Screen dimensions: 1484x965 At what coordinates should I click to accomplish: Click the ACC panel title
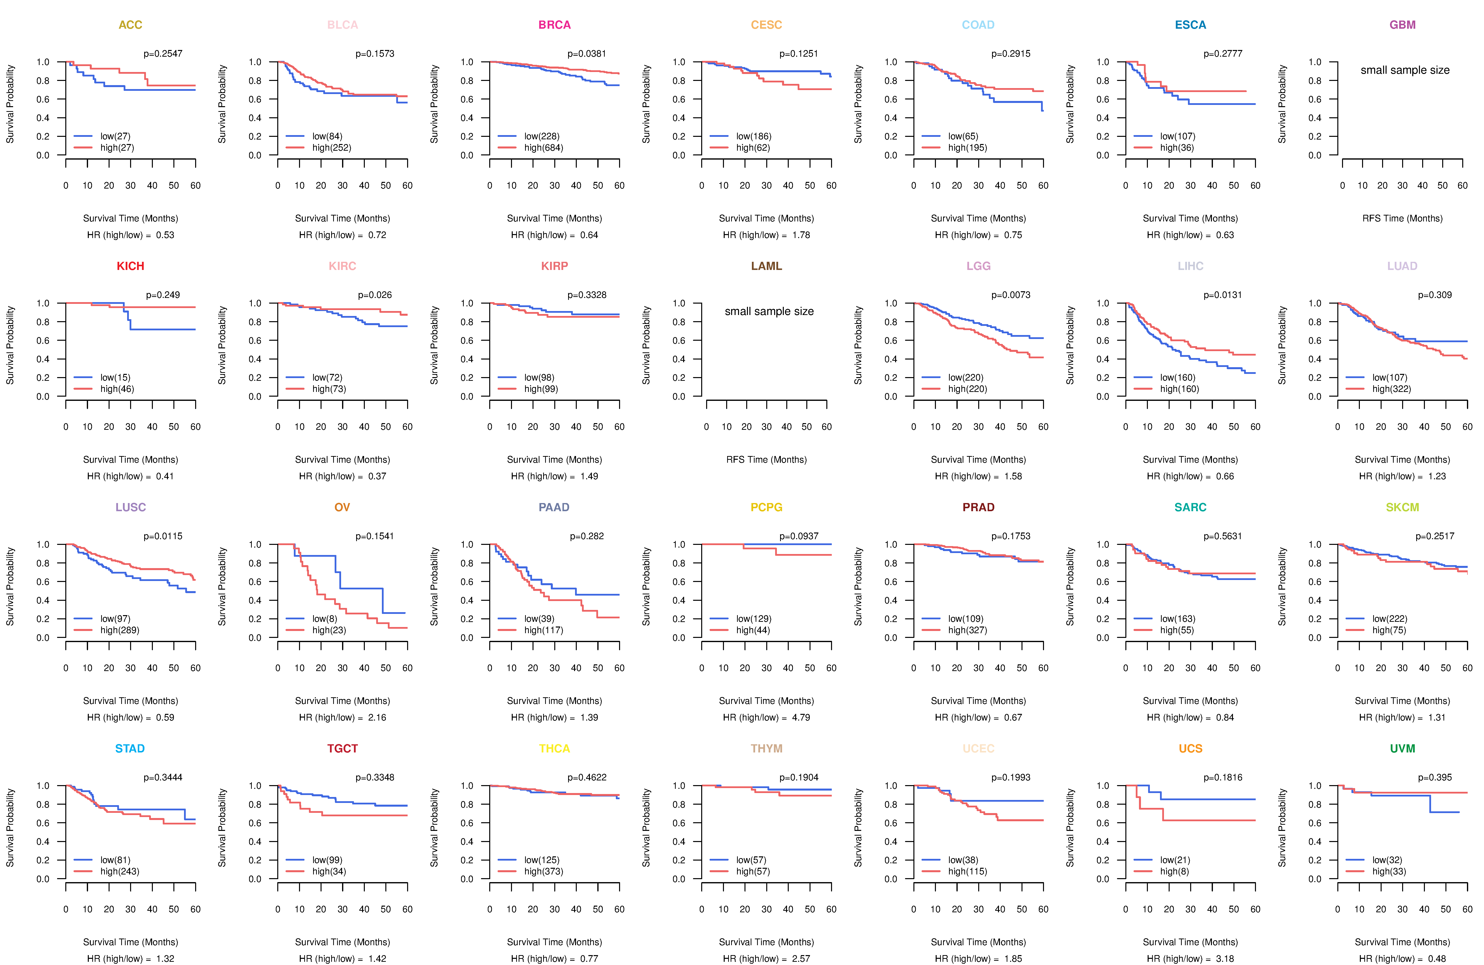(x=130, y=25)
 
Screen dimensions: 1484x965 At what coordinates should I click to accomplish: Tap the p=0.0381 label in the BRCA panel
(x=587, y=54)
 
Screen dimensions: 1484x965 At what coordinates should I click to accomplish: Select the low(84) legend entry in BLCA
(x=327, y=136)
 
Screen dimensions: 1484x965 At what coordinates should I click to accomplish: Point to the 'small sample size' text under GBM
(x=1405, y=70)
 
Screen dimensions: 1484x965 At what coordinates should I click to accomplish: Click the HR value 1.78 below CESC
(x=801, y=235)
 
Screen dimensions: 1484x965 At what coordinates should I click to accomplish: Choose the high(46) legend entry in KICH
(x=117, y=389)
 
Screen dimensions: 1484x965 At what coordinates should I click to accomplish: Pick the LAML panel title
(x=766, y=266)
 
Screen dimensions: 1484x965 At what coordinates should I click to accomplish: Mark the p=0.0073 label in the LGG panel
(x=1011, y=295)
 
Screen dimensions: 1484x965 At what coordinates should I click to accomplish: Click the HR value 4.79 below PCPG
(x=801, y=717)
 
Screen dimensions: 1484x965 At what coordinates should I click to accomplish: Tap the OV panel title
(x=342, y=507)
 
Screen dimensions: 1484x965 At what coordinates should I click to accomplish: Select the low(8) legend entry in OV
(x=325, y=619)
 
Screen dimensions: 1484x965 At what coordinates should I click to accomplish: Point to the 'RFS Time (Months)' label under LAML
(x=766, y=460)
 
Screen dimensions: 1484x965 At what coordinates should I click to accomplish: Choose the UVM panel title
(x=1402, y=748)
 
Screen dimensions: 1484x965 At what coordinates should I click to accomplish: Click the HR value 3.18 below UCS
(x=1225, y=959)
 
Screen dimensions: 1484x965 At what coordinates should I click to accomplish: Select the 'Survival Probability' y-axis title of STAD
(x=10, y=828)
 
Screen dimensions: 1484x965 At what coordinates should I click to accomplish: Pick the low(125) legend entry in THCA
(x=542, y=860)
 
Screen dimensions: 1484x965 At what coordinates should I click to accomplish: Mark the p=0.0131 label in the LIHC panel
(x=1223, y=295)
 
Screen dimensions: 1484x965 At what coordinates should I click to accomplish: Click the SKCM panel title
(x=1402, y=507)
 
